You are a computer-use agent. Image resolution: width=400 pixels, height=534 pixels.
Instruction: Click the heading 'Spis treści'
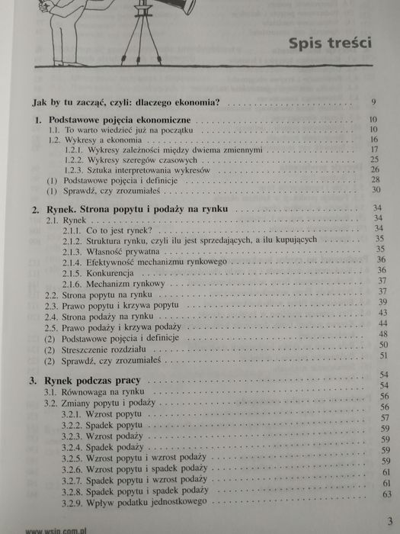[329, 42]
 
